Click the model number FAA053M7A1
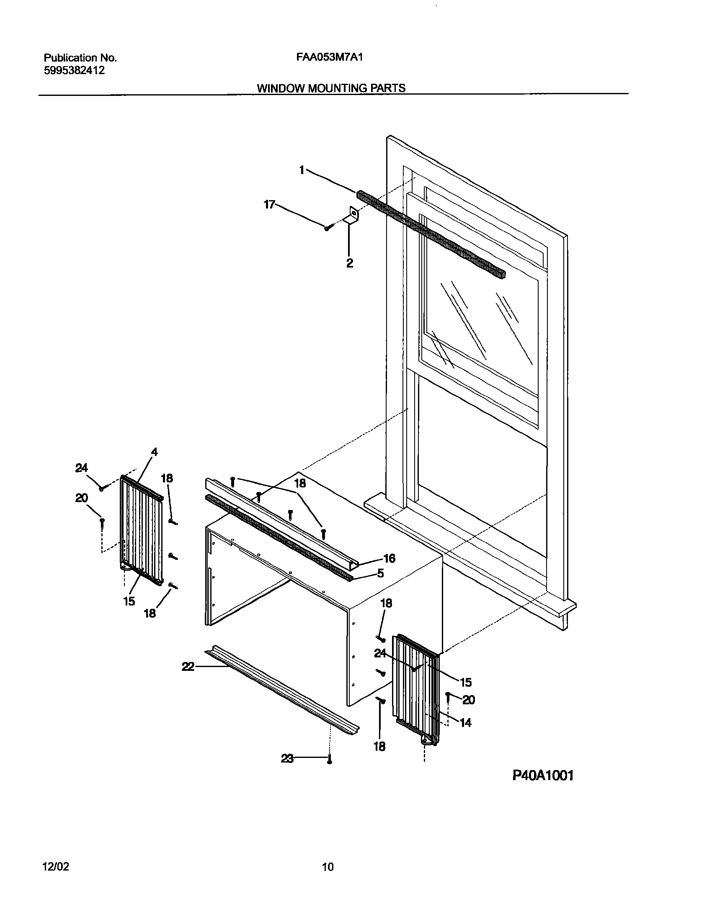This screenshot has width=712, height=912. pyautogui.click(x=329, y=57)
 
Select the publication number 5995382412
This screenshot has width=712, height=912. pyautogui.click(x=74, y=71)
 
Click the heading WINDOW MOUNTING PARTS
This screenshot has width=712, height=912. pyautogui.click(x=331, y=88)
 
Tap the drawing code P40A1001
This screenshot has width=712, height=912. pyautogui.click(x=543, y=775)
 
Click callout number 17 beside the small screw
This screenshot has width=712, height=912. pyautogui.click(x=269, y=204)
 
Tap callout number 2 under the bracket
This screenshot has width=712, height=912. pyautogui.click(x=349, y=263)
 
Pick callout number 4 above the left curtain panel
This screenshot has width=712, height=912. pyautogui.click(x=154, y=452)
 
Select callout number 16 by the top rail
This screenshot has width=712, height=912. pyautogui.click(x=389, y=558)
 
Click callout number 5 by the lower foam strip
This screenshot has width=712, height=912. pyautogui.click(x=380, y=573)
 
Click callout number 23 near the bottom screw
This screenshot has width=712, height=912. pyautogui.click(x=287, y=758)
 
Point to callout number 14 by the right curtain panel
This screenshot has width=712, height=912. pyautogui.click(x=465, y=722)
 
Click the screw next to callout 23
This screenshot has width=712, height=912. pyautogui.click(x=330, y=759)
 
